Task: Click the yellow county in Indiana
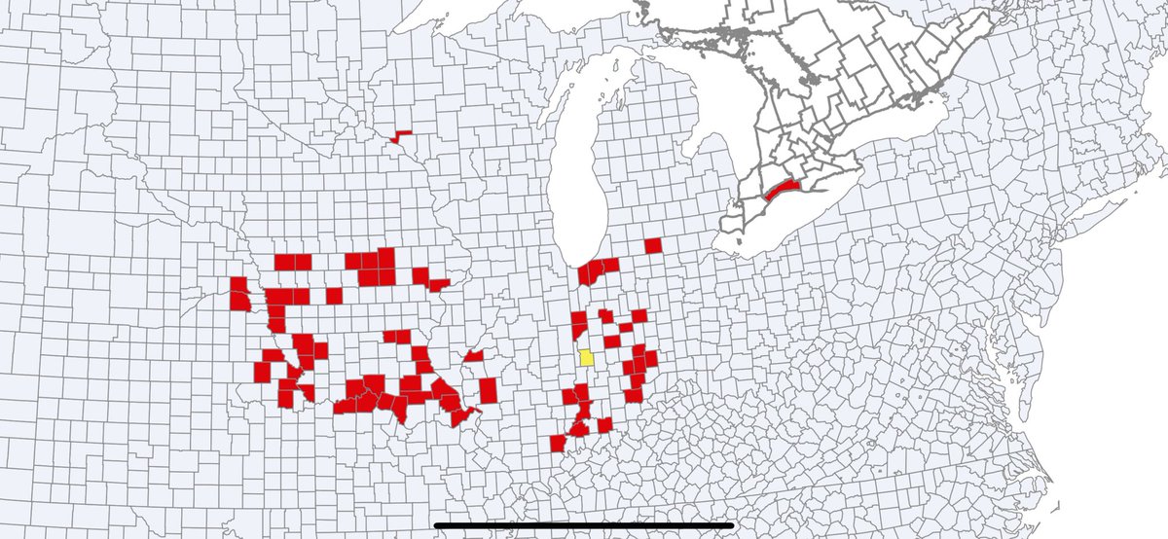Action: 587,357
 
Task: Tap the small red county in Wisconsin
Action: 400,136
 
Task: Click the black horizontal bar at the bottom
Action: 583,525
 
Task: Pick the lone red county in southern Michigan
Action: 652,245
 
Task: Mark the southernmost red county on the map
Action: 558,443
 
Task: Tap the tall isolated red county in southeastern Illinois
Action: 488,389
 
